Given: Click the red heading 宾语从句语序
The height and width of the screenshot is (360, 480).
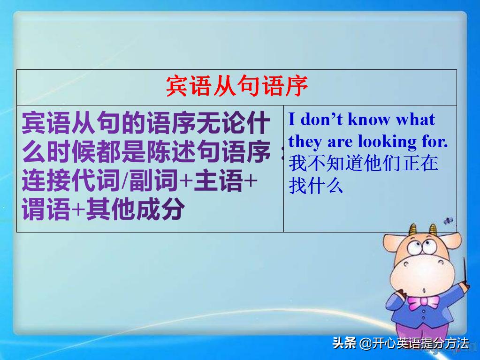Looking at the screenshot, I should [237, 87].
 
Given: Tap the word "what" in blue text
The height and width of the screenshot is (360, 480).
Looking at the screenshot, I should [415, 120].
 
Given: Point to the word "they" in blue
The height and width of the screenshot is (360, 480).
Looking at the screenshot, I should [304, 141].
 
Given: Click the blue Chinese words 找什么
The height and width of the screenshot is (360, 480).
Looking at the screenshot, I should [316, 186].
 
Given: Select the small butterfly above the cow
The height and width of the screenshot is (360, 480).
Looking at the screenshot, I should [449, 220].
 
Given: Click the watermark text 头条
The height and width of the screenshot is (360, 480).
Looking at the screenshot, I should [344, 343].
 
